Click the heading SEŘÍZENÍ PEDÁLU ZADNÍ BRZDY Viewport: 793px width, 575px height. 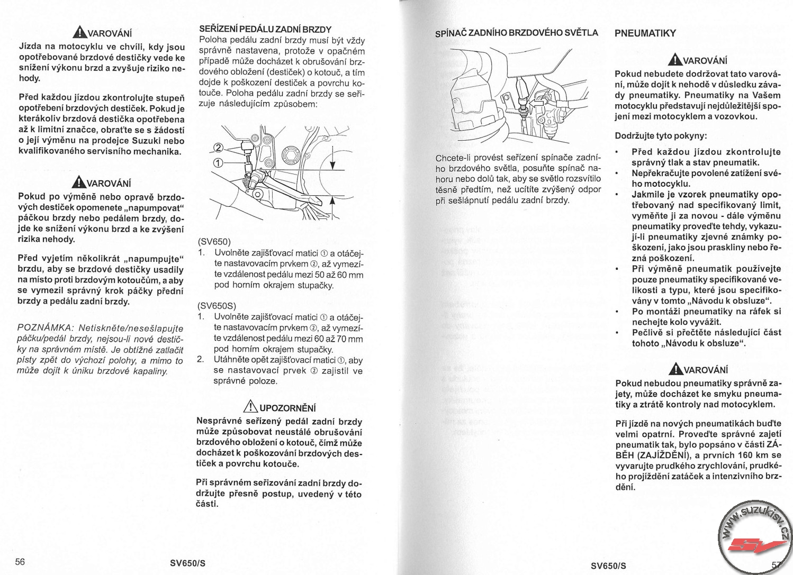click(265, 29)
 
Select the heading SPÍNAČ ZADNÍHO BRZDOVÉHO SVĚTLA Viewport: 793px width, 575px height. click(516, 33)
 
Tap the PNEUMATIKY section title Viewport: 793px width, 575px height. click(645, 33)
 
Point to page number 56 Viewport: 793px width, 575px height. click(20, 562)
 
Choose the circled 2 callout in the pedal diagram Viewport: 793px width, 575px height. click(218, 148)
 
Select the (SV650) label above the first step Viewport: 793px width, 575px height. click(214, 242)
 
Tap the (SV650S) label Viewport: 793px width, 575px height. click(217, 306)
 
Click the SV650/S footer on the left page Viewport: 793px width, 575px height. click(187, 563)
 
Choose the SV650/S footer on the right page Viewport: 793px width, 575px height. click(608, 565)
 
